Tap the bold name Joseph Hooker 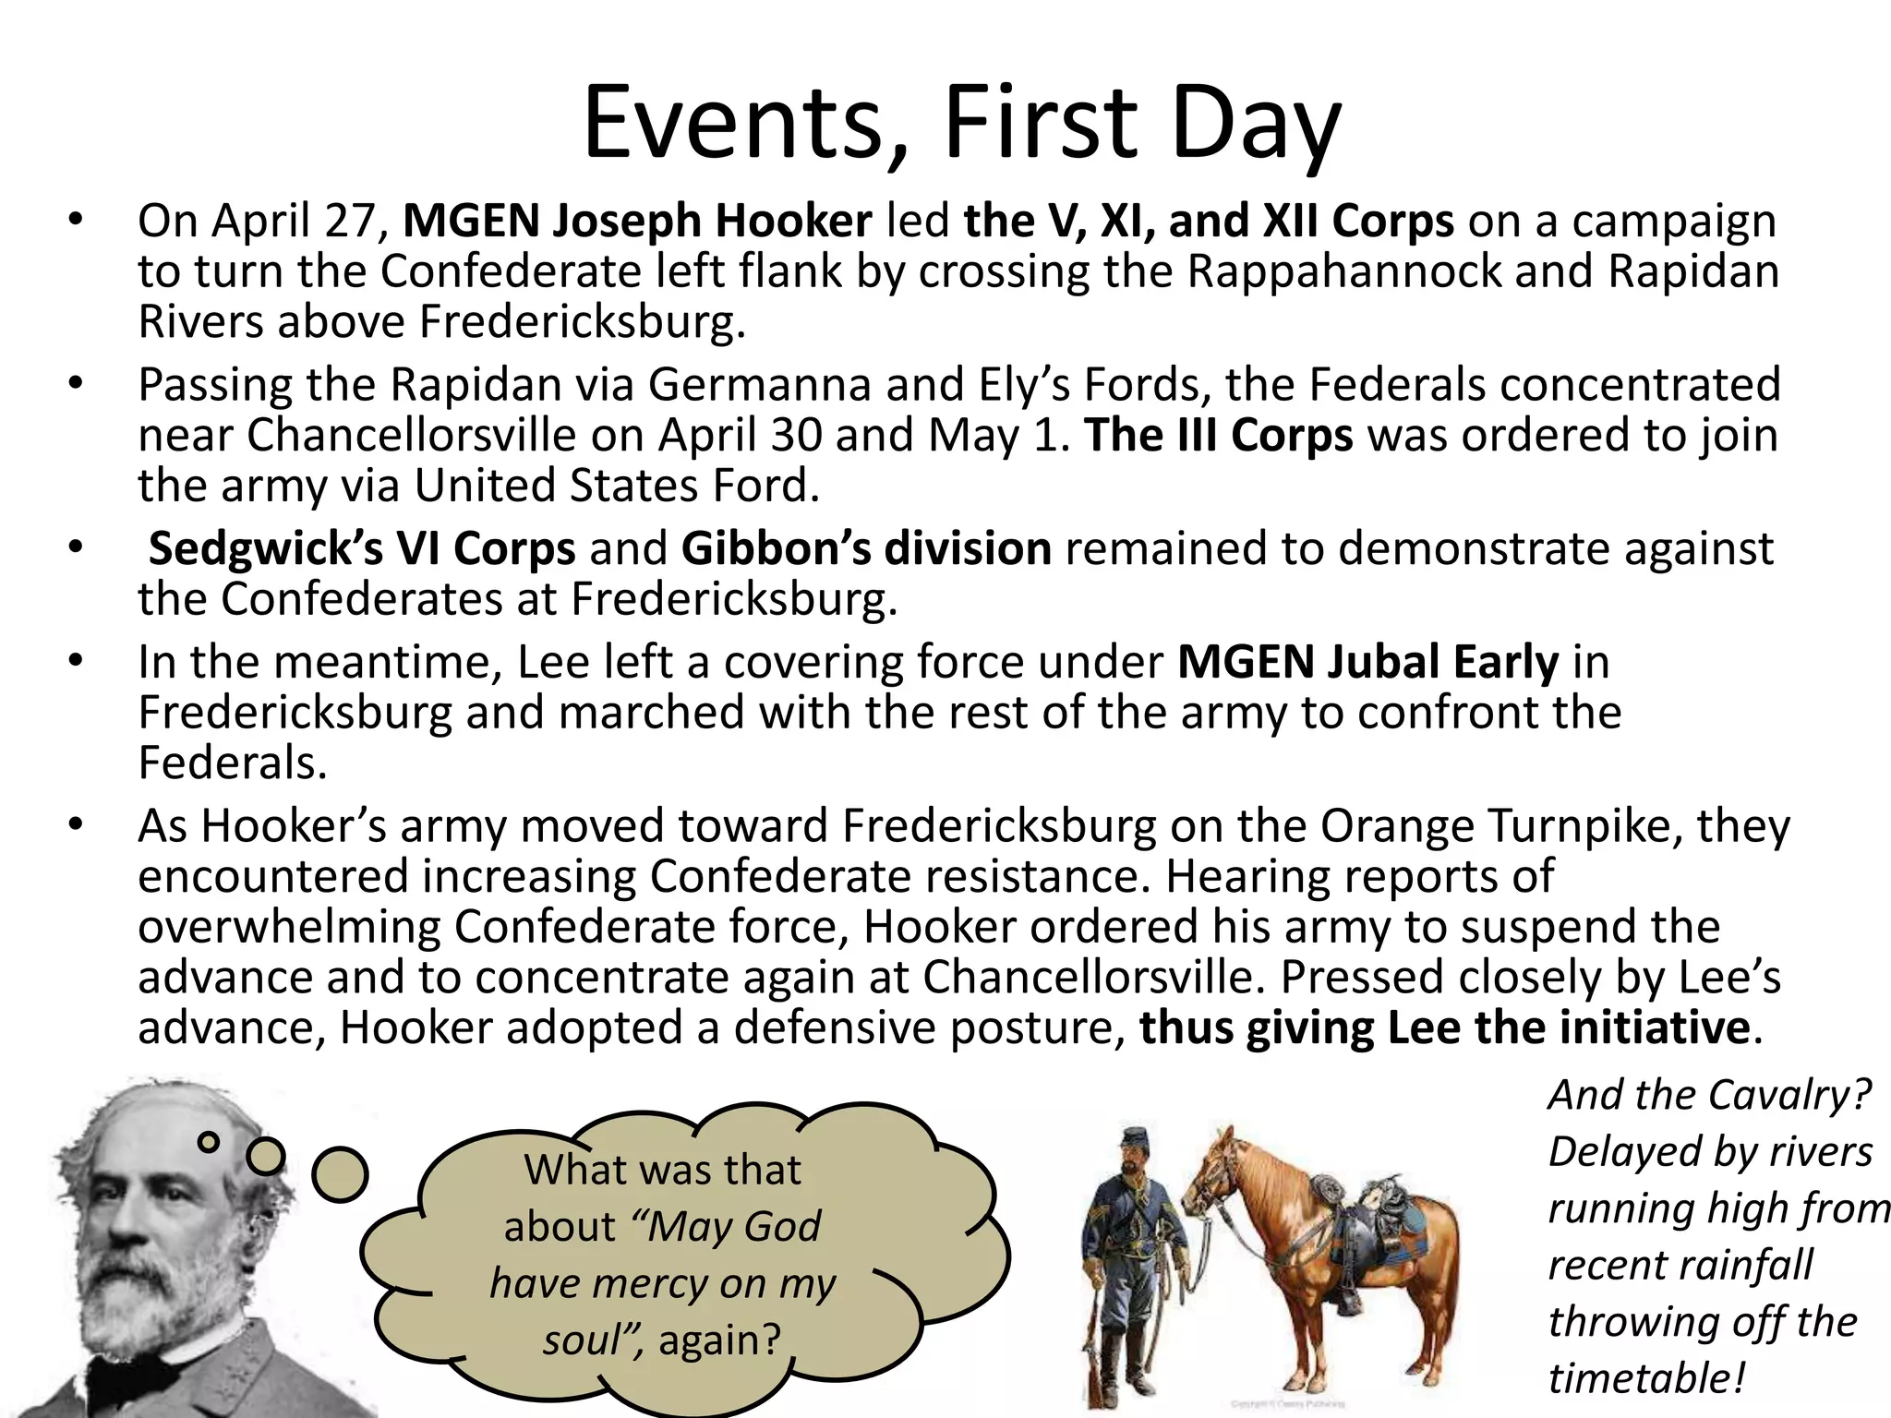click(713, 222)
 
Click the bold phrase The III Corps click(1219, 436)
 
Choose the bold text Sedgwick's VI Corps click(362, 549)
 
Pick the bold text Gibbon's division click(866, 549)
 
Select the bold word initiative click(1654, 1028)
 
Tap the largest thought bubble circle click(340, 1174)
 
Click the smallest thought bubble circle click(210, 1142)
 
